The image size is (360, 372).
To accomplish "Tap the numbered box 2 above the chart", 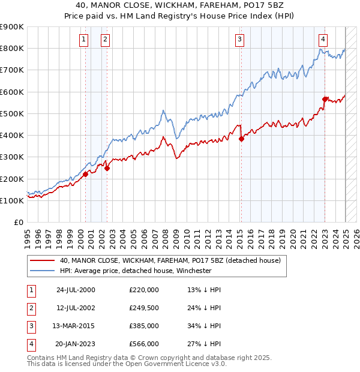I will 105,40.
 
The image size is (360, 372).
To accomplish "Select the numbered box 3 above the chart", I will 239,40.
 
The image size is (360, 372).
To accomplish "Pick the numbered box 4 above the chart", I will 323,40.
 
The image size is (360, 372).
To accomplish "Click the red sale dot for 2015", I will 241,139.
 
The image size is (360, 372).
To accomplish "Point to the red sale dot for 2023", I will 325,99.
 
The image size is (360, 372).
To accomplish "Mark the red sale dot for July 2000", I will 85,174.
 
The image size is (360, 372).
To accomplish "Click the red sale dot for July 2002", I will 107,168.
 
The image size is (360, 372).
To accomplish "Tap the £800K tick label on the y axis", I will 12,49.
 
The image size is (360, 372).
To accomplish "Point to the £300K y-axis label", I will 12,157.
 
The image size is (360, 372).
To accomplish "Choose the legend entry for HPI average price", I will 136,271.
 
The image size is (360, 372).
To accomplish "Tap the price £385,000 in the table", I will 144,326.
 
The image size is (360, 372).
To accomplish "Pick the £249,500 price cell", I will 144,308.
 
